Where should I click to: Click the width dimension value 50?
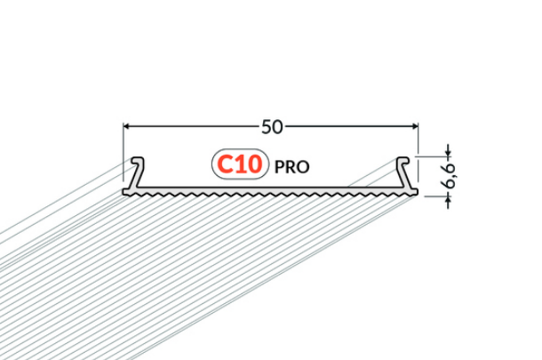click(272, 127)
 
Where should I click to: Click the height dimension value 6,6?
click(450, 176)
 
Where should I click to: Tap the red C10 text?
click(240, 164)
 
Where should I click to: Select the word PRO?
click(291, 167)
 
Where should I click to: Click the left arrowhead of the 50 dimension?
click(126, 126)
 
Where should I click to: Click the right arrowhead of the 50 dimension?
click(415, 126)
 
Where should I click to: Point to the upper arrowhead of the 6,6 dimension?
click(449, 153)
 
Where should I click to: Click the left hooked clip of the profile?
click(137, 172)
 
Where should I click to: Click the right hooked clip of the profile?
click(403, 172)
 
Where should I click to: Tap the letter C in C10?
click(225, 164)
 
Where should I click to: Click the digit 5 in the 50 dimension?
click(267, 127)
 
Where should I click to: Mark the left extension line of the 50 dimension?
click(124, 152)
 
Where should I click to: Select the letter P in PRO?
click(279, 167)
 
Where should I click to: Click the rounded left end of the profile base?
click(124, 192)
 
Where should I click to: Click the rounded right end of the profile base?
click(416, 192)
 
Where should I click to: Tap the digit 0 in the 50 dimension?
click(278, 127)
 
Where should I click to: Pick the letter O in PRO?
click(304, 167)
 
